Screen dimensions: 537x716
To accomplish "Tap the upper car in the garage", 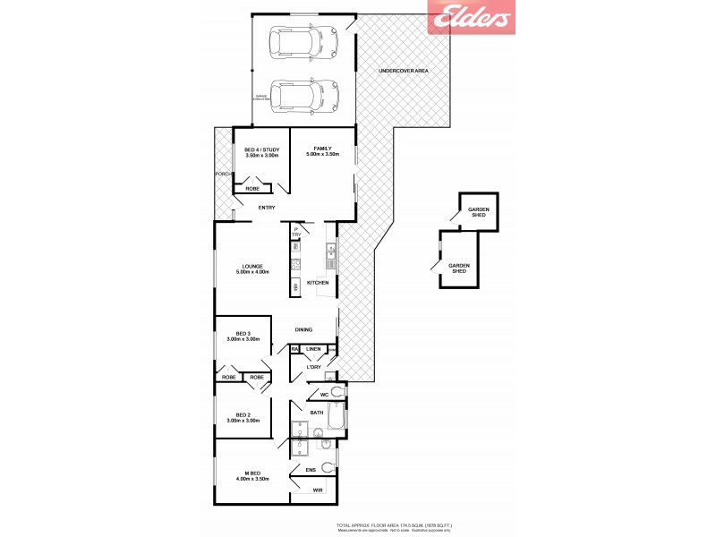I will tap(303, 42).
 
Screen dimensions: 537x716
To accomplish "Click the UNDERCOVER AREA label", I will tap(404, 70).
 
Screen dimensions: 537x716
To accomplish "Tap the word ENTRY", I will tap(267, 209).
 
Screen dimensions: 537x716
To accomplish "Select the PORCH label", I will tap(223, 174).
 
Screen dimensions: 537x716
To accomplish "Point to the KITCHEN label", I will tap(318, 283).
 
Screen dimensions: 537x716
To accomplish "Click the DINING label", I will tap(303, 329).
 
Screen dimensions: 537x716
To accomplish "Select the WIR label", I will tap(318, 490).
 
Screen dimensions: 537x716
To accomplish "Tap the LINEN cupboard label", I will tap(313, 349).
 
